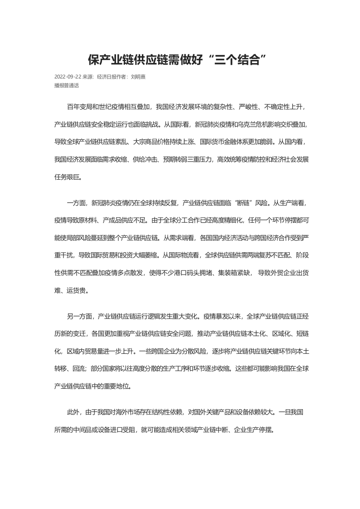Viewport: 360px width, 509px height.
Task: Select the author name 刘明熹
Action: click(138, 77)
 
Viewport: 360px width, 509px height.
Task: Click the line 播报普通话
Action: click(67, 85)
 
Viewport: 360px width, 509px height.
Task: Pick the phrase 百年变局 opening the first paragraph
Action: click(79, 107)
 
